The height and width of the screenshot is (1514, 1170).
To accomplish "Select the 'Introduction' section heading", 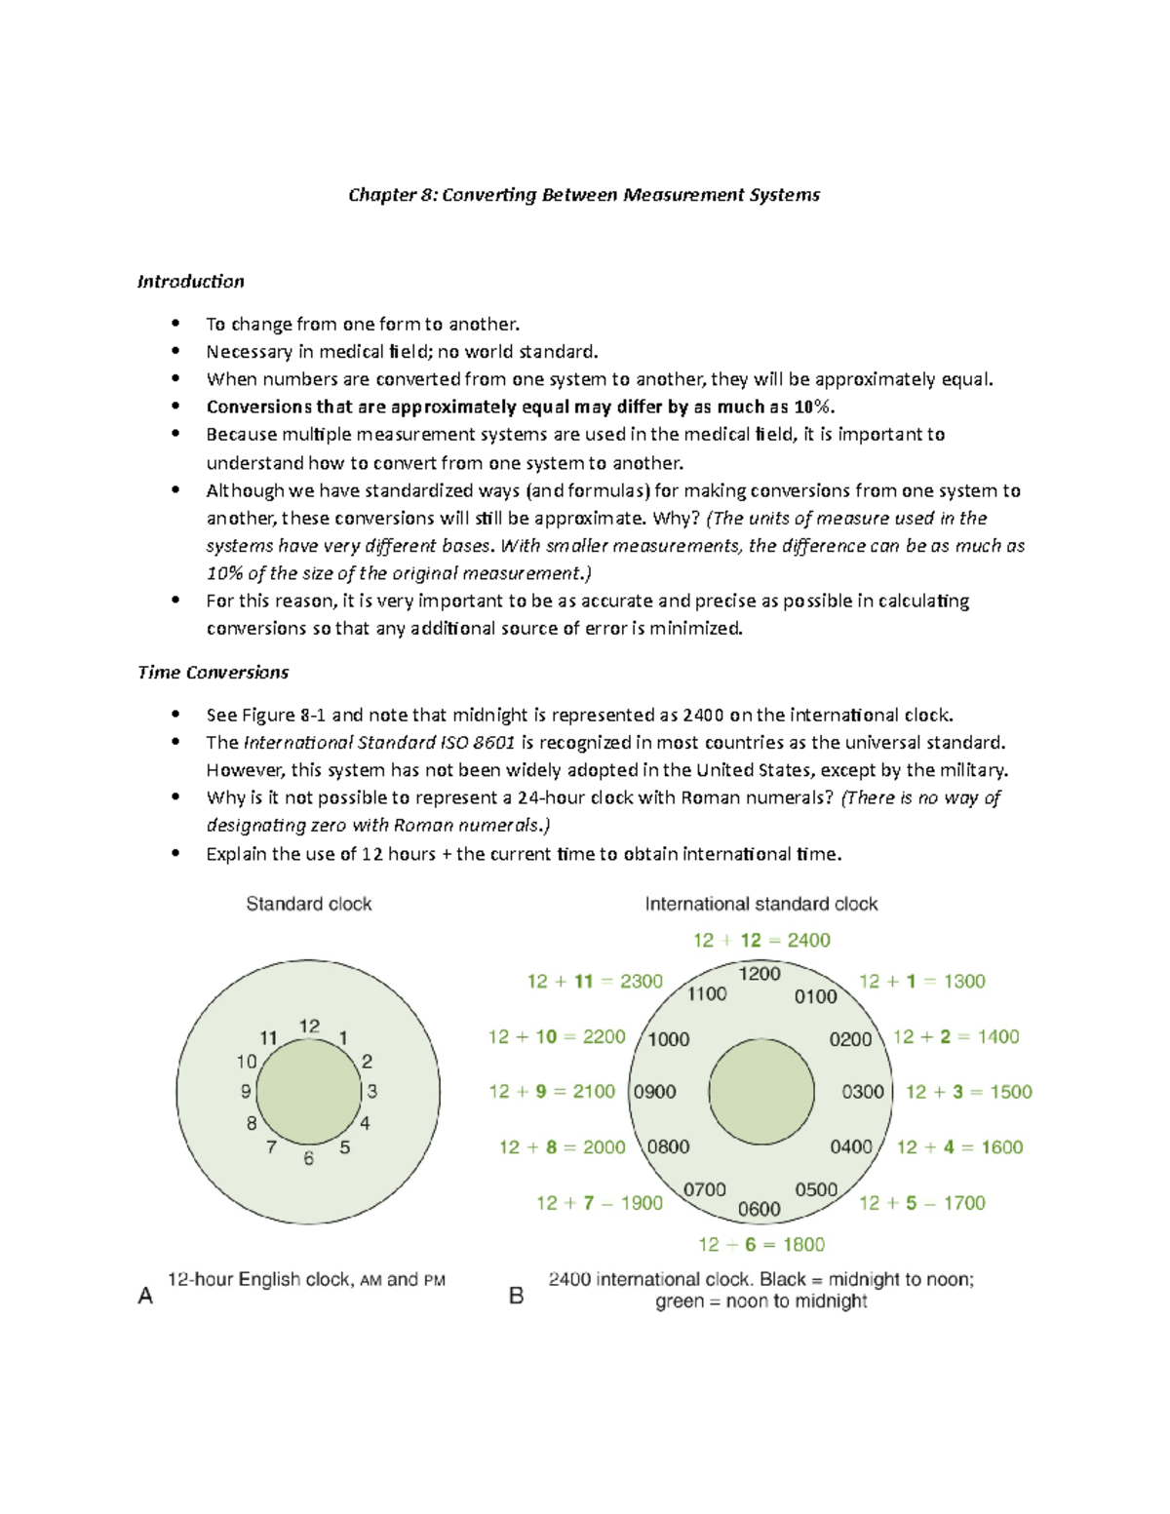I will [190, 282].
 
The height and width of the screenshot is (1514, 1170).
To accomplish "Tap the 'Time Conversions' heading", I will [213, 672].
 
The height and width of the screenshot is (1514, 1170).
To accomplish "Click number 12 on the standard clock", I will [309, 1026].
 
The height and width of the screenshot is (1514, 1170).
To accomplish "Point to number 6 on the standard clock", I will [308, 1158].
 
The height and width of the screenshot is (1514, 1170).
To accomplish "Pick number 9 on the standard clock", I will [246, 1092].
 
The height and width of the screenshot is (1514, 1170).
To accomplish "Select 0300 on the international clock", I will [863, 1092].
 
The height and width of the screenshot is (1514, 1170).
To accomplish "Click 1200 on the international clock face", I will [760, 973].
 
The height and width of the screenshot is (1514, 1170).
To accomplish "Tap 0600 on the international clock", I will [759, 1209].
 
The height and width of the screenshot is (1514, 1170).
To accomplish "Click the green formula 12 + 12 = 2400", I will [761, 940].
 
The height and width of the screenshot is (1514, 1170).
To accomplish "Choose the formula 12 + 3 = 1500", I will [968, 1092].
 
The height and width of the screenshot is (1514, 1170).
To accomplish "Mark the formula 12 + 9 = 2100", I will [552, 1092].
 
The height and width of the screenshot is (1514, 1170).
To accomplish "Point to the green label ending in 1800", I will [761, 1245].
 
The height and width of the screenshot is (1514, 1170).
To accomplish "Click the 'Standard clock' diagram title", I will [308, 904].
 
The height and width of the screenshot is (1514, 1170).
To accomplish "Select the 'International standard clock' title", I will [760, 904].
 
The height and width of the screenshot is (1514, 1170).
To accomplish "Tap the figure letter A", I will [145, 1296].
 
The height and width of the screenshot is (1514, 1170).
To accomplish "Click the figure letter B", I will [517, 1296].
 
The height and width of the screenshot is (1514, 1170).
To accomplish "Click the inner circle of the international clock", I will [760, 1092].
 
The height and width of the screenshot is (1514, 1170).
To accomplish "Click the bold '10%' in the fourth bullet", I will [812, 408].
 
